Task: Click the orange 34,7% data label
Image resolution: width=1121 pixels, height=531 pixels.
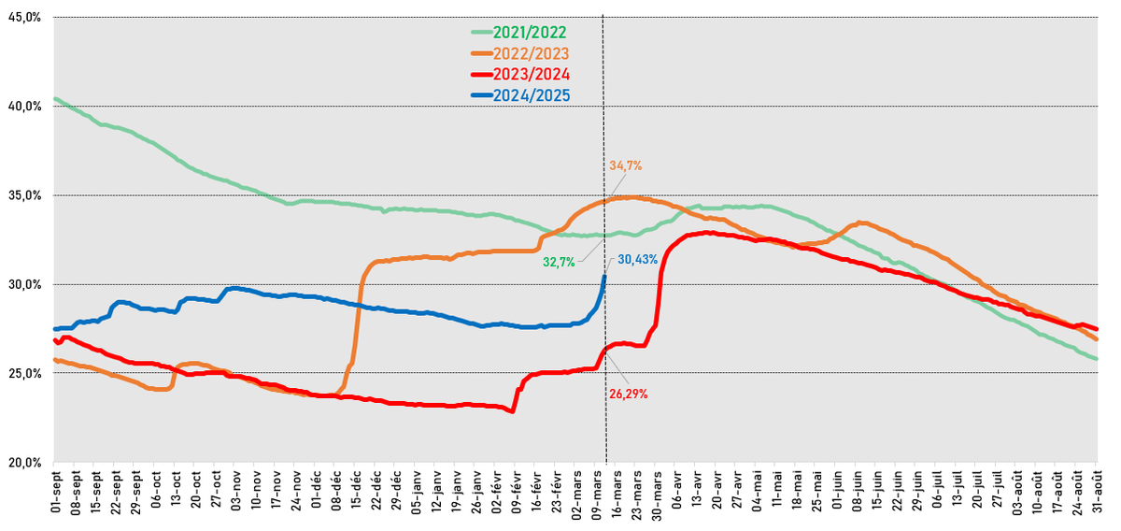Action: [625, 165]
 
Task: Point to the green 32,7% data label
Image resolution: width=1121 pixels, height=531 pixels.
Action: [560, 263]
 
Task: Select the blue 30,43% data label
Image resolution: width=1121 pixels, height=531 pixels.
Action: [638, 259]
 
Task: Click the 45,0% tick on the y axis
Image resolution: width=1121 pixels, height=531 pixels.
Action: [25, 17]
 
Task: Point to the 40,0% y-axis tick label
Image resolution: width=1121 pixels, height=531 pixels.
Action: [25, 107]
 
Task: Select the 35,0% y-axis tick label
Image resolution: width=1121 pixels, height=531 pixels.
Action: [25, 195]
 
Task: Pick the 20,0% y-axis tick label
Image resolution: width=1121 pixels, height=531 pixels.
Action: [25, 463]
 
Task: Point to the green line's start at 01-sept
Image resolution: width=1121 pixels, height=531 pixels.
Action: [55, 99]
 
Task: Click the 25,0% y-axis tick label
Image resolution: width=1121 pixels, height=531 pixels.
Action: [25, 374]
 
